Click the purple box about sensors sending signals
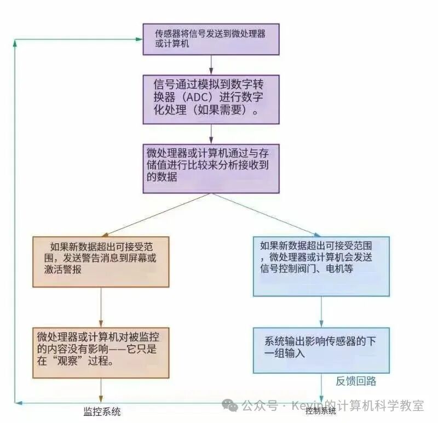pyautogui.click(x=211, y=39)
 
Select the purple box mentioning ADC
pyautogui.click(x=211, y=99)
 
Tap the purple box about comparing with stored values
pyautogui.click(x=211, y=169)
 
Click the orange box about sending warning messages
pyautogui.click(x=101, y=262)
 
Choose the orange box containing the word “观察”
pyautogui.click(x=101, y=353)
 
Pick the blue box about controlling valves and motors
pyautogui.click(x=321, y=266)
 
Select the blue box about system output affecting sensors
pyautogui.click(x=321, y=350)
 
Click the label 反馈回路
pyautogui.click(x=356, y=381)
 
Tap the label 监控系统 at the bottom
pyautogui.click(x=102, y=411)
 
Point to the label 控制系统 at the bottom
pyautogui.click(x=321, y=411)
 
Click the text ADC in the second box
pyautogui.click(x=199, y=97)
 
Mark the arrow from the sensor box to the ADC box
pyautogui.click(x=211, y=65)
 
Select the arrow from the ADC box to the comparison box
pyautogui.click(x=211, y=134)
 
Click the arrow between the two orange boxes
pyautogui.click(x=101, y=307)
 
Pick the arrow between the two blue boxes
pyautogui.click(x=321, y=312)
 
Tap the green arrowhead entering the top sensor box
pyautogui.click(x=139, y=39)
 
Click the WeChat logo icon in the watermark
pyautogui.click(x=230, y=405)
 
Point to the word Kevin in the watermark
pyautogui.click(x=307, y=405)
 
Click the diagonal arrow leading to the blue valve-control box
pyautogui.click(x=266, y=215)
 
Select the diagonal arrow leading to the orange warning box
pyautogui.click(x=157, y=215)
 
